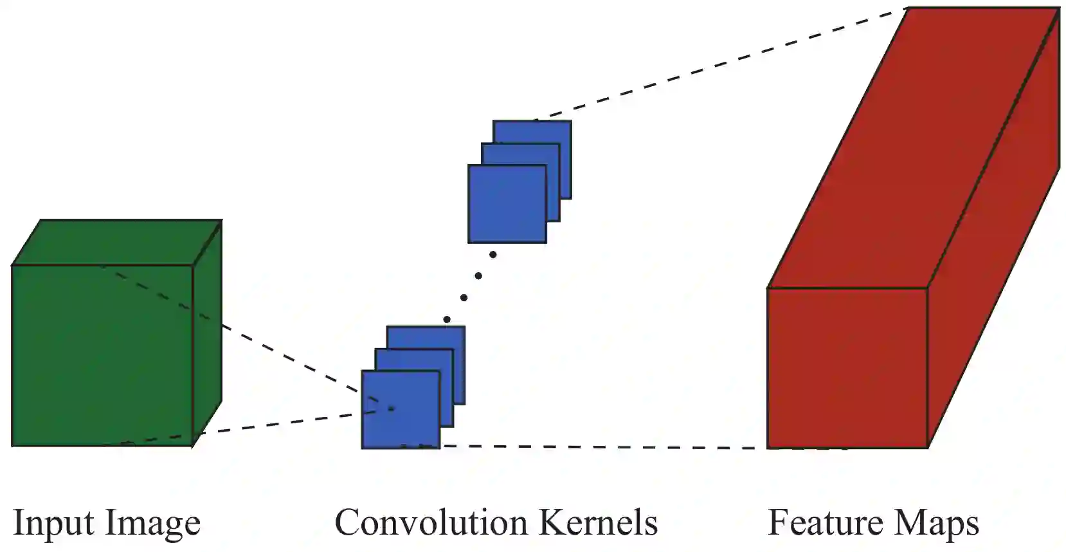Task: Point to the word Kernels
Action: [x=598, y=522]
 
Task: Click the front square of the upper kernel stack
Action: [x=507, y=204]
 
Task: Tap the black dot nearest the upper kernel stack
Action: [x=493, y=255]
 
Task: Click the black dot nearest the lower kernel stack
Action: [x=447, y=319]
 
